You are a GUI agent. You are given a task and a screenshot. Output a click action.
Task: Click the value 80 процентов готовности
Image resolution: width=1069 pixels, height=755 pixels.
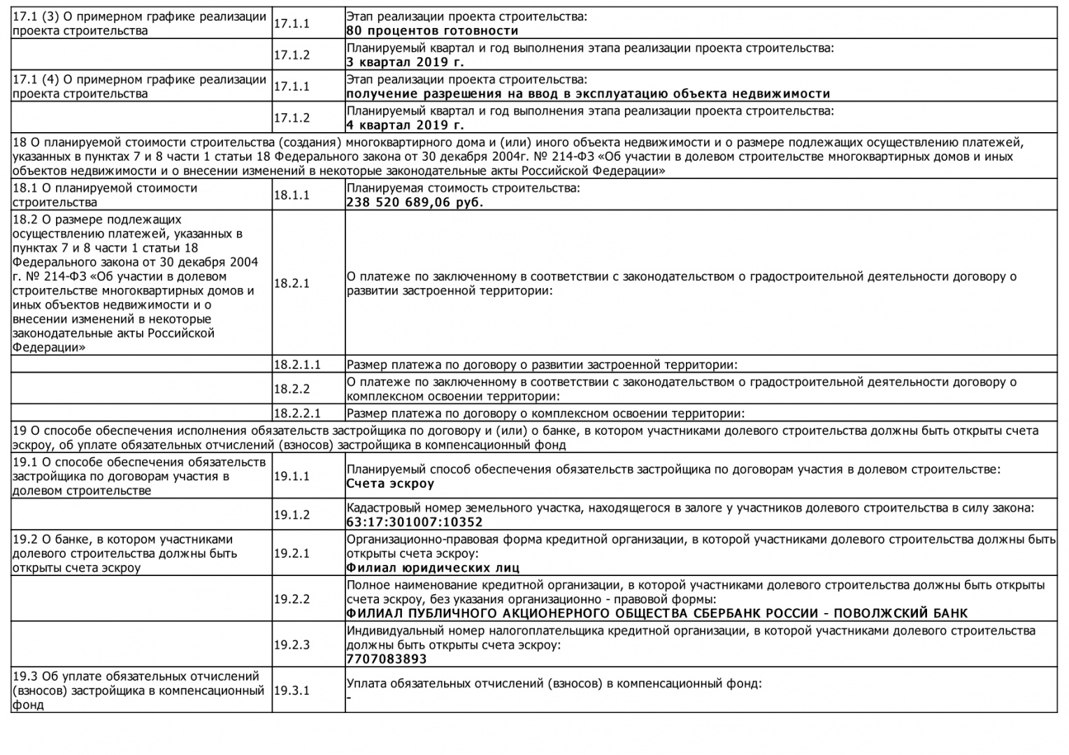point(432,31)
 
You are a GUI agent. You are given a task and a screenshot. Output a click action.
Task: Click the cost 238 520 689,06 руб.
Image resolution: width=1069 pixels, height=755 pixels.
point(415,203)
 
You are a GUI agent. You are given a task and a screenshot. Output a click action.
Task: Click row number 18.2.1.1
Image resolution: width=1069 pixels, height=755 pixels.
point(296,364)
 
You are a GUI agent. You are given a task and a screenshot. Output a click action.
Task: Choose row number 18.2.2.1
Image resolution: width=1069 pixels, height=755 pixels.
point(296,413)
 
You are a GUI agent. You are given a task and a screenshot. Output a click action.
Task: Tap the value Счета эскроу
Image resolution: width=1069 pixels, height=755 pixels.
point(390,484)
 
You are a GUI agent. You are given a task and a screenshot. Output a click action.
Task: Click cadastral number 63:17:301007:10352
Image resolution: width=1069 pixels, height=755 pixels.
point(414,522)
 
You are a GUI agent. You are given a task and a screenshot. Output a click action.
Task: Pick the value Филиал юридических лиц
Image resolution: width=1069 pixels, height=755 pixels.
point(433,568)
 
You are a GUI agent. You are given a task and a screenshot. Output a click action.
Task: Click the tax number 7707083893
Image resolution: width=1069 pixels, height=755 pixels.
point(386,659)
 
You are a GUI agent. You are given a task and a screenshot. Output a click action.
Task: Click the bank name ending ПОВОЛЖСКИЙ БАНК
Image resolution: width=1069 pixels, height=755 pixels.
point(657,614)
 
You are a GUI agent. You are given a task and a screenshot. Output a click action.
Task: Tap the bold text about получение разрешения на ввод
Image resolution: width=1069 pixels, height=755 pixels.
point(588,94)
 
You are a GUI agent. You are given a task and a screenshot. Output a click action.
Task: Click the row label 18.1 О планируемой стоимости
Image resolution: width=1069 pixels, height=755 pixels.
point(105,195)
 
